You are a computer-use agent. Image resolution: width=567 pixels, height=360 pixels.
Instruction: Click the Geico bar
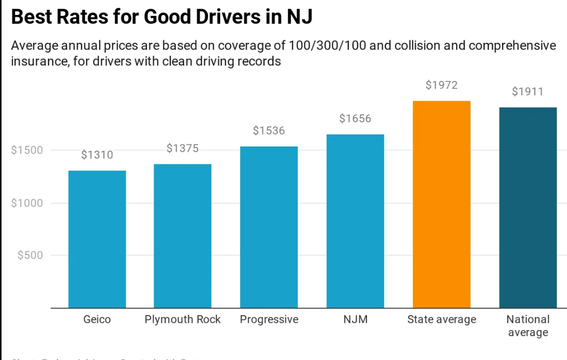(x=97, y=239)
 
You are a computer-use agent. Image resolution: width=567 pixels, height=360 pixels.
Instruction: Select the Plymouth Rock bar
(x=182, y=236)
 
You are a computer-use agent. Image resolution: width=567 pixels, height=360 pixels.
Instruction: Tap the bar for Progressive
(x=269, y=227)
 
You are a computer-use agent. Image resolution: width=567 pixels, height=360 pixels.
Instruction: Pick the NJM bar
(x=355, y=221)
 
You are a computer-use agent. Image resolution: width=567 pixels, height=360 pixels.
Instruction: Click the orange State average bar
(x=442, y=204)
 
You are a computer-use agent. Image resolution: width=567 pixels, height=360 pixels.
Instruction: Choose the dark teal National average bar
(x=528, y=207)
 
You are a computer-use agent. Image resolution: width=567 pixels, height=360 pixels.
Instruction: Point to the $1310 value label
(x=97, y=155)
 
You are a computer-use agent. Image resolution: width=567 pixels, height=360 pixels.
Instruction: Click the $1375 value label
(x=182, y=149)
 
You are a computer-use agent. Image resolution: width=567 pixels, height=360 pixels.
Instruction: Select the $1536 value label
(x=269, y=130)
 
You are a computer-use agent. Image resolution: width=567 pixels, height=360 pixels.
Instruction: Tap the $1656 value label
(x=355, y=119)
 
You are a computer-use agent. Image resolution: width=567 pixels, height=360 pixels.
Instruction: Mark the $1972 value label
(x=442, y=85)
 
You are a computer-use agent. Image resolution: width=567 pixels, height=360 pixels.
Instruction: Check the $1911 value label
(x=528, y=92)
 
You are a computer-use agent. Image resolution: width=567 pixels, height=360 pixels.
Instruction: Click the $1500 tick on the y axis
(x=26, y=150)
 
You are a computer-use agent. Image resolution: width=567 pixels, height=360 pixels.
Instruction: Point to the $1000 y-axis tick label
(x=26, y=203)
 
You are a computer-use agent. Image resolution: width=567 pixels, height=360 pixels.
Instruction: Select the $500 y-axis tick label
(x=30, y=255)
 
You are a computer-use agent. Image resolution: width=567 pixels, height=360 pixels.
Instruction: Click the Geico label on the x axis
(x=97, y=320)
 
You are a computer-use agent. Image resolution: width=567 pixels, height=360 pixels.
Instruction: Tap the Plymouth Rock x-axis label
(x=182, y=320)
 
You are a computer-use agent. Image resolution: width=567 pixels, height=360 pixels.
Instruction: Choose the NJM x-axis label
(x=355, y=320)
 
